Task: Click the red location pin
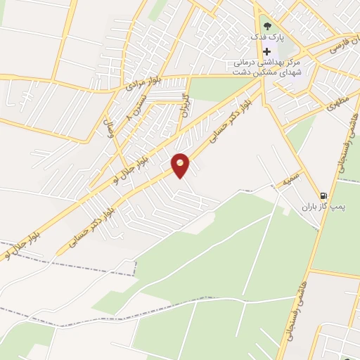pos(181,165)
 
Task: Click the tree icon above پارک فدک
pos(266,26)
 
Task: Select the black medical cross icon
pos(266,52)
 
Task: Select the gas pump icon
pos(323,195)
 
